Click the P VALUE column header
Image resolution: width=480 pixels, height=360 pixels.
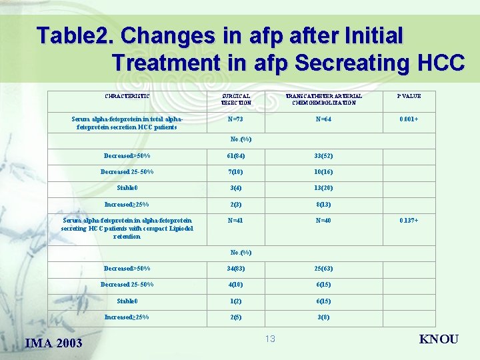(409, 96)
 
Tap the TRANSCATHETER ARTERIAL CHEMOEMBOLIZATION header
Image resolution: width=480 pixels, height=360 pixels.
(323, 99)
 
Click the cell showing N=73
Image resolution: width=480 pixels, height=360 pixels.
(235, 119)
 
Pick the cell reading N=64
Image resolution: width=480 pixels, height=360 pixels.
(323, 119)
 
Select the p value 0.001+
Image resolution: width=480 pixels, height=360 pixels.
(409, 119)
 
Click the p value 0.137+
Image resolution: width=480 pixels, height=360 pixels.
(409, 220)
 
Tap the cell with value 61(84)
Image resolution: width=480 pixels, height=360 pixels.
(235, 156)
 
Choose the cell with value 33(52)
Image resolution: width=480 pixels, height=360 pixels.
(323, 156)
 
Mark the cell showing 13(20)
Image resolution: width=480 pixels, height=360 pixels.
(323, 188)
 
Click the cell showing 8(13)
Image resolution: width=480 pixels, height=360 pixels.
(323, 205)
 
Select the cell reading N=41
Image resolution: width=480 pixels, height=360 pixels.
(235, 220)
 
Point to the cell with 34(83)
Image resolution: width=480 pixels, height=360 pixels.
(235, 269)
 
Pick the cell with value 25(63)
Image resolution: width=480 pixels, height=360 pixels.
(323, 269)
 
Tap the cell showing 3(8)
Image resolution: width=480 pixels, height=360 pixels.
(323, 317)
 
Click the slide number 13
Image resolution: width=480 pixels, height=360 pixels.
(269, 339)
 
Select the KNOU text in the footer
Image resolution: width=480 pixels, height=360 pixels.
(438, 339)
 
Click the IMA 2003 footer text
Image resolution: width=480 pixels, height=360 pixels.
(53, 343)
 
